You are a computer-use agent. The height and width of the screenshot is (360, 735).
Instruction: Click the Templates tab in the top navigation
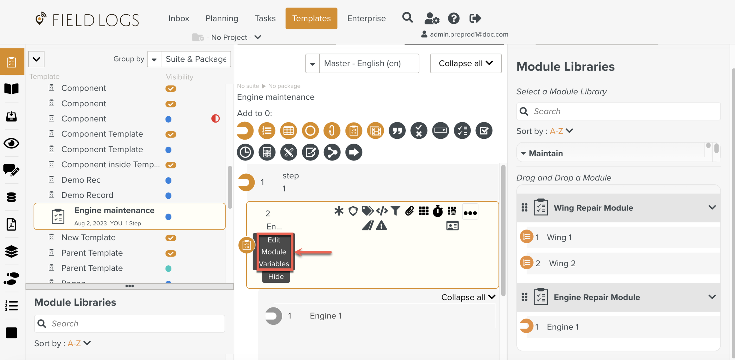coord(311,18)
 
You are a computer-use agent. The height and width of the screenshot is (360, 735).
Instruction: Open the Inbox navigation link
coord(178,18)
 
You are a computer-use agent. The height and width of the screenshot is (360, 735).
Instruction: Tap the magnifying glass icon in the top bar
coord(407,18)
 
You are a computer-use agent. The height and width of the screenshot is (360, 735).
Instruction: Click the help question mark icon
coord(453,18)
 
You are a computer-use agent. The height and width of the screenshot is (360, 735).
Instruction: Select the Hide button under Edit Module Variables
coord(275,277)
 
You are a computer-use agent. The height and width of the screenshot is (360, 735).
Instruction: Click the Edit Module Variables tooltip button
coord(274,252)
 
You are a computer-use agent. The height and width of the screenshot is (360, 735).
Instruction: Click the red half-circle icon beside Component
coord(215,118)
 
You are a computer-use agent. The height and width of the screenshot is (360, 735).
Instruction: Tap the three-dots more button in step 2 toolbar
coord(470,212)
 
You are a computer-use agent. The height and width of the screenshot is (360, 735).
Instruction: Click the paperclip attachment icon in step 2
coord(409,211)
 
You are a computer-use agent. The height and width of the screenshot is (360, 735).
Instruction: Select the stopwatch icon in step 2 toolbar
coord(437,211)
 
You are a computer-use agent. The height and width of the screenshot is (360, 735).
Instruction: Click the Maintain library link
coord(546,153)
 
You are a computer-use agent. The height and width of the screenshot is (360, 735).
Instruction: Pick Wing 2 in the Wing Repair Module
coord(562,263)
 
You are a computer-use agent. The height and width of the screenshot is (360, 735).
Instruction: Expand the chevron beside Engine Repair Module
coord(712,297)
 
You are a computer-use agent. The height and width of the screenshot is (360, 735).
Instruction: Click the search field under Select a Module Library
coord(623,111)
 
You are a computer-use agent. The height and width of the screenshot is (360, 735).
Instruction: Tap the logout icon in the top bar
coord(475,18)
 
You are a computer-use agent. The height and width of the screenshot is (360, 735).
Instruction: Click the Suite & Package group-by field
coord(196,59)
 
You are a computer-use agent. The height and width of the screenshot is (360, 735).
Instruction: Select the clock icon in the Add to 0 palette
coord(245,152)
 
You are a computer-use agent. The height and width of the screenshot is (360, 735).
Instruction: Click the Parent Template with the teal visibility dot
coord(92,268)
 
